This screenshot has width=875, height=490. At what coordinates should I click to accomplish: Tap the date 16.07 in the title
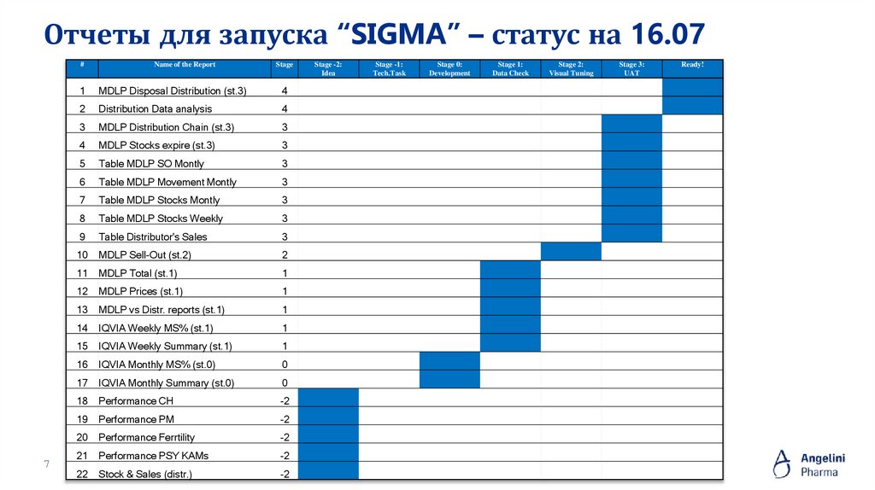(x=669, y=34)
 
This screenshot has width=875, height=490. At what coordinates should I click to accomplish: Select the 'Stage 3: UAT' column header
(x=631, y=68)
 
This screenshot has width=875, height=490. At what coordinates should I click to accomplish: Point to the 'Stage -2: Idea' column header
(x=328, y=68)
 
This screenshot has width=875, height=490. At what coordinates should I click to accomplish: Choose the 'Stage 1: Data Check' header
(x=510, y=68)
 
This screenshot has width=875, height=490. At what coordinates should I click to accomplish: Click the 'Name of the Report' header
(x=185, y=65)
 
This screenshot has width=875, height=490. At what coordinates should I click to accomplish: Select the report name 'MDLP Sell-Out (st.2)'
(x=144, y=254)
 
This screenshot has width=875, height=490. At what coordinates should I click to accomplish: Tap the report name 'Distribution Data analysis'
(x=155, y=108)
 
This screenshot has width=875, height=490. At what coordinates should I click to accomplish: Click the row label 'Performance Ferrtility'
(x=146, y=437)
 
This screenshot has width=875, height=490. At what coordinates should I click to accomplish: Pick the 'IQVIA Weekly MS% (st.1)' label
(x=156, y=328)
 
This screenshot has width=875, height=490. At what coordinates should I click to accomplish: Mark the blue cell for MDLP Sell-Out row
(x=571, y=251)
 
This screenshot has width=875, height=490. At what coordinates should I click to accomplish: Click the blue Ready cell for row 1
(x=693, y=88)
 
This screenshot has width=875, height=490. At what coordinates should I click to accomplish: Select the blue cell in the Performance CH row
(x=328, y=398)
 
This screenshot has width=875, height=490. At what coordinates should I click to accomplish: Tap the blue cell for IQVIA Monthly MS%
(x=449, y=361)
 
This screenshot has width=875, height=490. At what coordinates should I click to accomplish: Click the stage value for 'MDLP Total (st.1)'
(x=285, y=273)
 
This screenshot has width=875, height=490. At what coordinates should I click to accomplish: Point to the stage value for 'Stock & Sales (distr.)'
(x=285, y=474)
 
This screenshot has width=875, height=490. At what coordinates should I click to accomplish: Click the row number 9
(x=82, y=236)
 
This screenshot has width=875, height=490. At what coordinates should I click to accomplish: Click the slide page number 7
(x=47, y=464)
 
